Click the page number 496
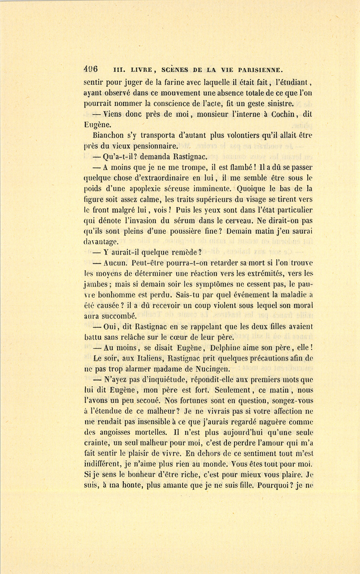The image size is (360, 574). click(x=92, y=68)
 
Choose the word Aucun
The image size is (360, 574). click(x=115, y=263)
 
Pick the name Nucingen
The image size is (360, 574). click(x=202, y=369)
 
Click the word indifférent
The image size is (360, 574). click(x=104, y=465)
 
